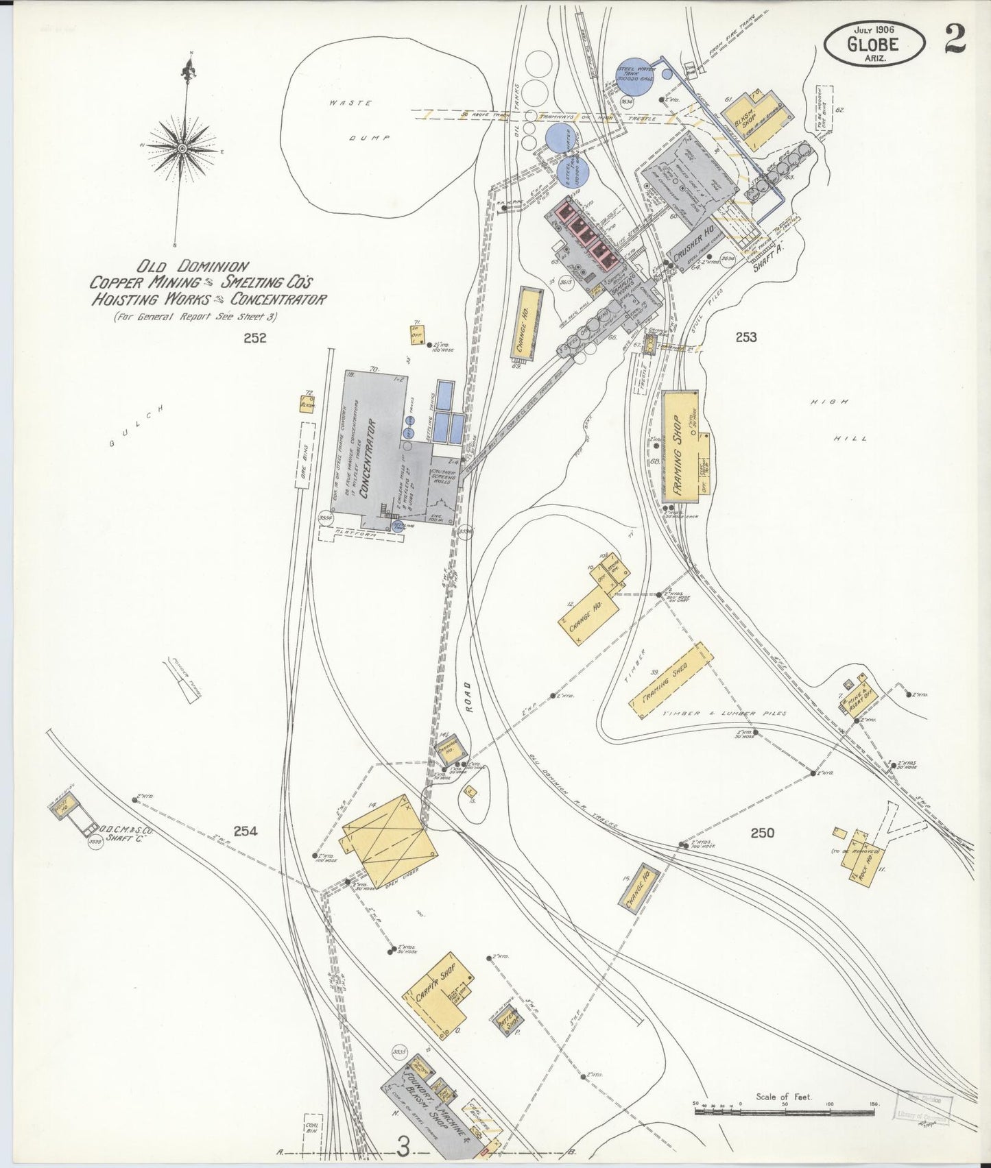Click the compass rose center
click(182, 148)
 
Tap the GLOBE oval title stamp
click(874, 44)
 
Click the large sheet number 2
click(954, 38)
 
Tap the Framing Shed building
click(671, 680)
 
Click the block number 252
click(254, 337)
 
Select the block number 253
click(745, 337)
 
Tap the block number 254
click(245, 831)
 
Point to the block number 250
click(762, 833)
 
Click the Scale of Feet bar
click(785, 1110)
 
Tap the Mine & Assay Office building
click(858, 700)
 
